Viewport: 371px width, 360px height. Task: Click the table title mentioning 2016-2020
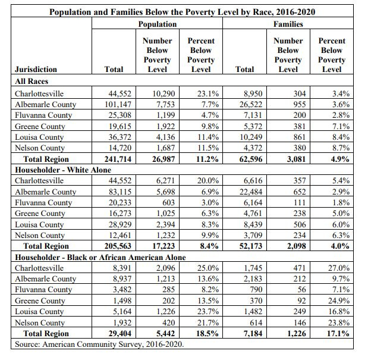pyautogui.click(x=182, y=12)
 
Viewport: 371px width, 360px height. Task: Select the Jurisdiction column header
pyautogui.click(x=36, y=70)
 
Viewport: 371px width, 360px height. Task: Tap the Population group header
pyautogui.click(x=157, y=24)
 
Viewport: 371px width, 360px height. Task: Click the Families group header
pyautogui.click(x=288, y=24)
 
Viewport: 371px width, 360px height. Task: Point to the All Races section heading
pyautogui.click(x=32, y=81)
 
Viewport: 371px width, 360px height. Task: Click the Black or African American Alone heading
pyautogui.click(x=100, y=257)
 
